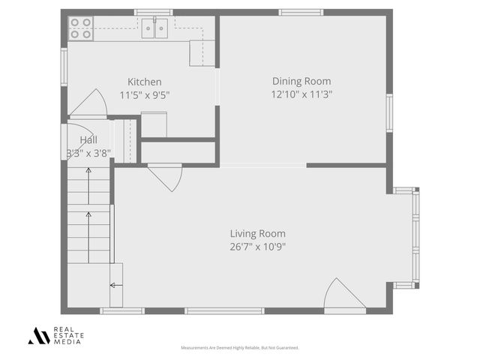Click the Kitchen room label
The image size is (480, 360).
[x=144, y=82]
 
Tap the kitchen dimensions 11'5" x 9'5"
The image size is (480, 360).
[x=144, y=94]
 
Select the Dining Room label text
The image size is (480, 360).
[x=301, y=81]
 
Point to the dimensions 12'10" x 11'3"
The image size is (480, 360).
[x=301, y=94]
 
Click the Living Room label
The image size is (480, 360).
[x=257, y=233]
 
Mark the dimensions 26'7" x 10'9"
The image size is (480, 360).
[x=257, y=246]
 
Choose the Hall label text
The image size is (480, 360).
[x=88, y=139]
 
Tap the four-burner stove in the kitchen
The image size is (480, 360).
[x=81, y=28]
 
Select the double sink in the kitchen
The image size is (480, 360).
[x=155, y=28]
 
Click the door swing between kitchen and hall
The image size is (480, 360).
[x=91, y=104]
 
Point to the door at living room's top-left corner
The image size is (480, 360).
[x=165, y=178]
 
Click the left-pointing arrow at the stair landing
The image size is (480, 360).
[x=116, y=285]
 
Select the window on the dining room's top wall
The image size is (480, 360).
[x=301, y=12]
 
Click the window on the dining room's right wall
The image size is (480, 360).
[x=388, y=113]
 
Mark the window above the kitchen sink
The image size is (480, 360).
[x=154, y=12]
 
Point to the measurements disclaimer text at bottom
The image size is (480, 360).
[x=240, y=348]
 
